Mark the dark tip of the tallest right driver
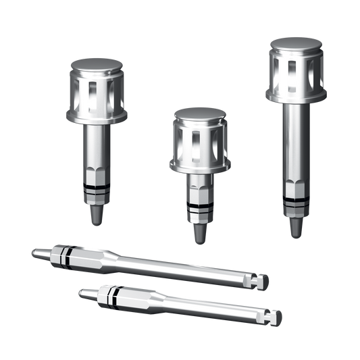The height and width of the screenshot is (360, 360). coord(295,227)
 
